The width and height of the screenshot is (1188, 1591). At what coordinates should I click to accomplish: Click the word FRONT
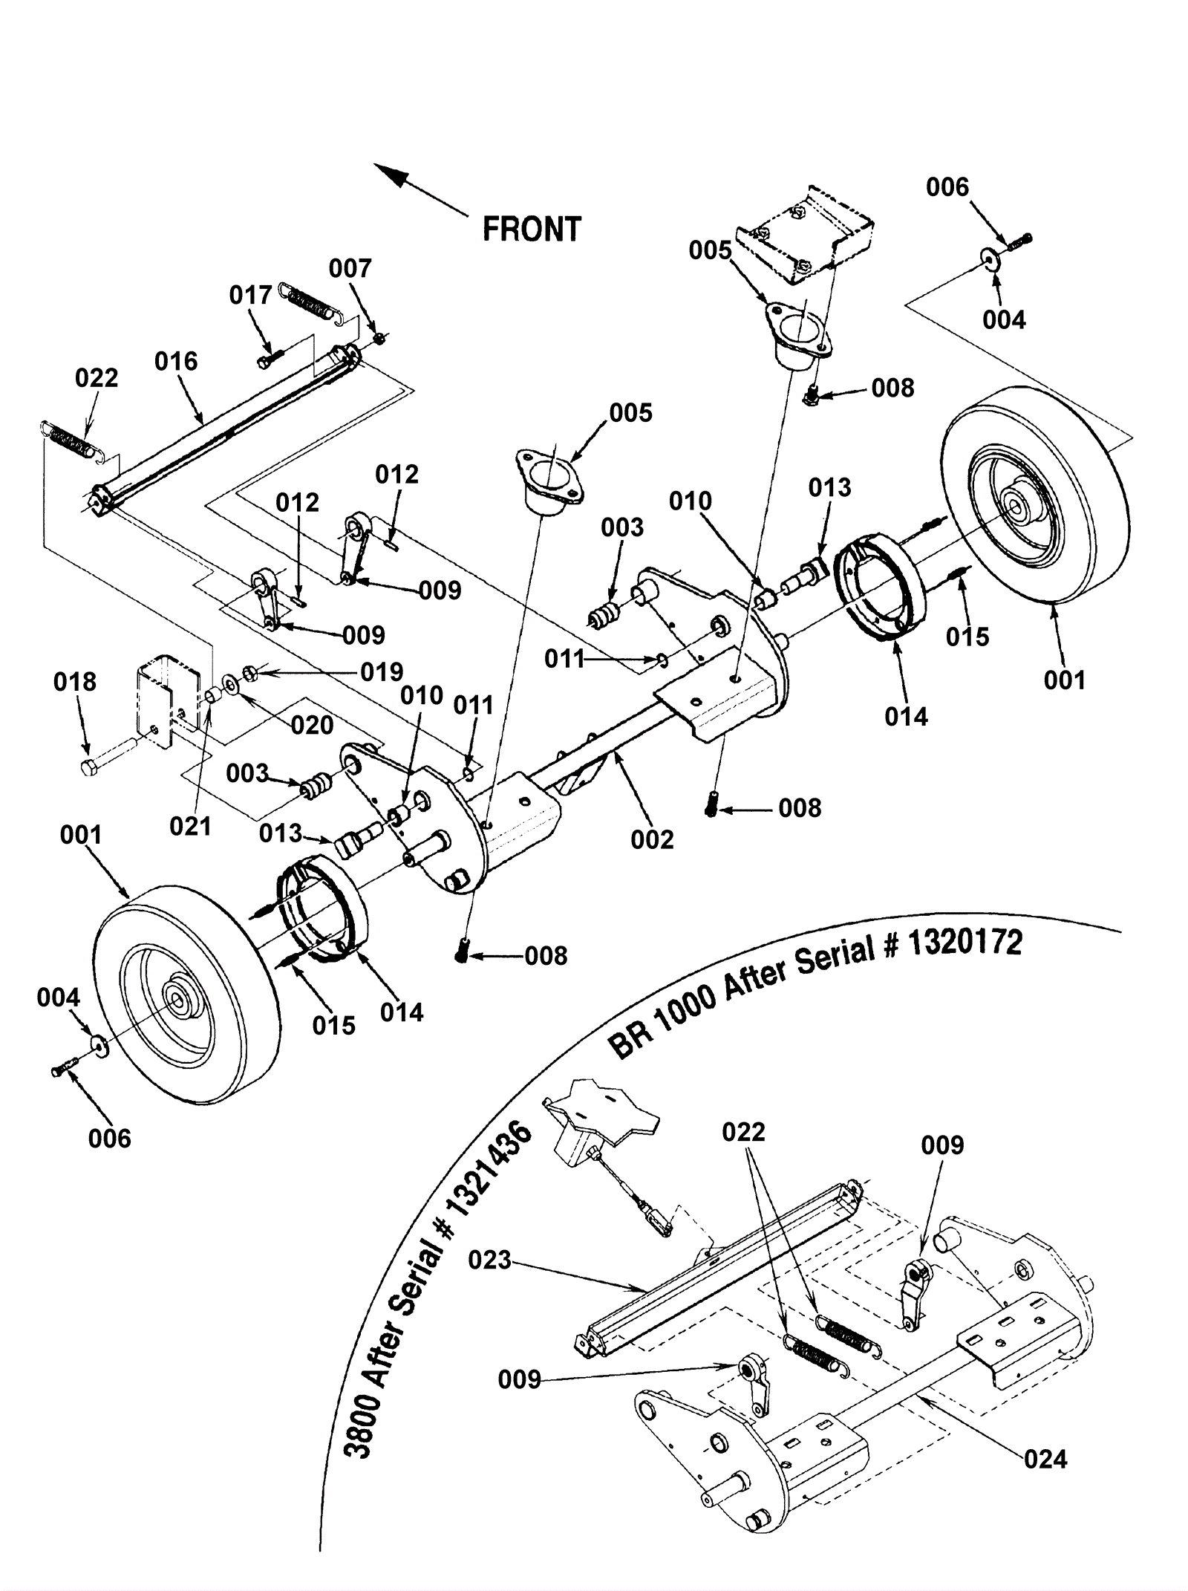point(532,229)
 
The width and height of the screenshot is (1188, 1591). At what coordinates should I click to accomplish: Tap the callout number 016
point(176,362)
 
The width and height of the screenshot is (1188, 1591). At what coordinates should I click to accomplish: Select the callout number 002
point(652,840)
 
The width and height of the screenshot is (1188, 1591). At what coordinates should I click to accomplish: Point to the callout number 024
point(1045,1459)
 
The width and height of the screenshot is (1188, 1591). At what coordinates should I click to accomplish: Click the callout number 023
point(490,1260)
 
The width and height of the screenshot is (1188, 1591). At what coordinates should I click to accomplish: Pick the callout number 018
point(75,682)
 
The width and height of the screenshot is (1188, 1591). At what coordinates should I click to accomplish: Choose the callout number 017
point(250,296)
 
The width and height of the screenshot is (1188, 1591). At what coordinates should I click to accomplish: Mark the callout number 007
point(350,268)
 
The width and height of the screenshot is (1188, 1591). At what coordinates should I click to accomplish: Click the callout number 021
point(190,826)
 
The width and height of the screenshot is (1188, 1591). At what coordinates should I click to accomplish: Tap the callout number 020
point(312,725)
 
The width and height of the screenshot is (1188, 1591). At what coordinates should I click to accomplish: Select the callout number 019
point(382,672)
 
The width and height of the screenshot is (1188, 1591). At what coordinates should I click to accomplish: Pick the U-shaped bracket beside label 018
point(167,698)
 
